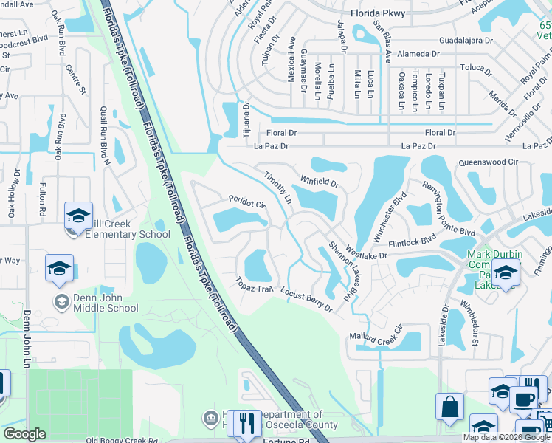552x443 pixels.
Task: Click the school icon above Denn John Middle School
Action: pos(60,269)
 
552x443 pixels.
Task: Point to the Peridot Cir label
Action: pos(246,202)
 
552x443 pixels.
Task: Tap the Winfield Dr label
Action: pos(319,180)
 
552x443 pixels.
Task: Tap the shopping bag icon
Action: pos(449,407)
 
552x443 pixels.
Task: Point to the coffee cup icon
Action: pos(524,399)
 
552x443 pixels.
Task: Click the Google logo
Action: pos(25,434)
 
